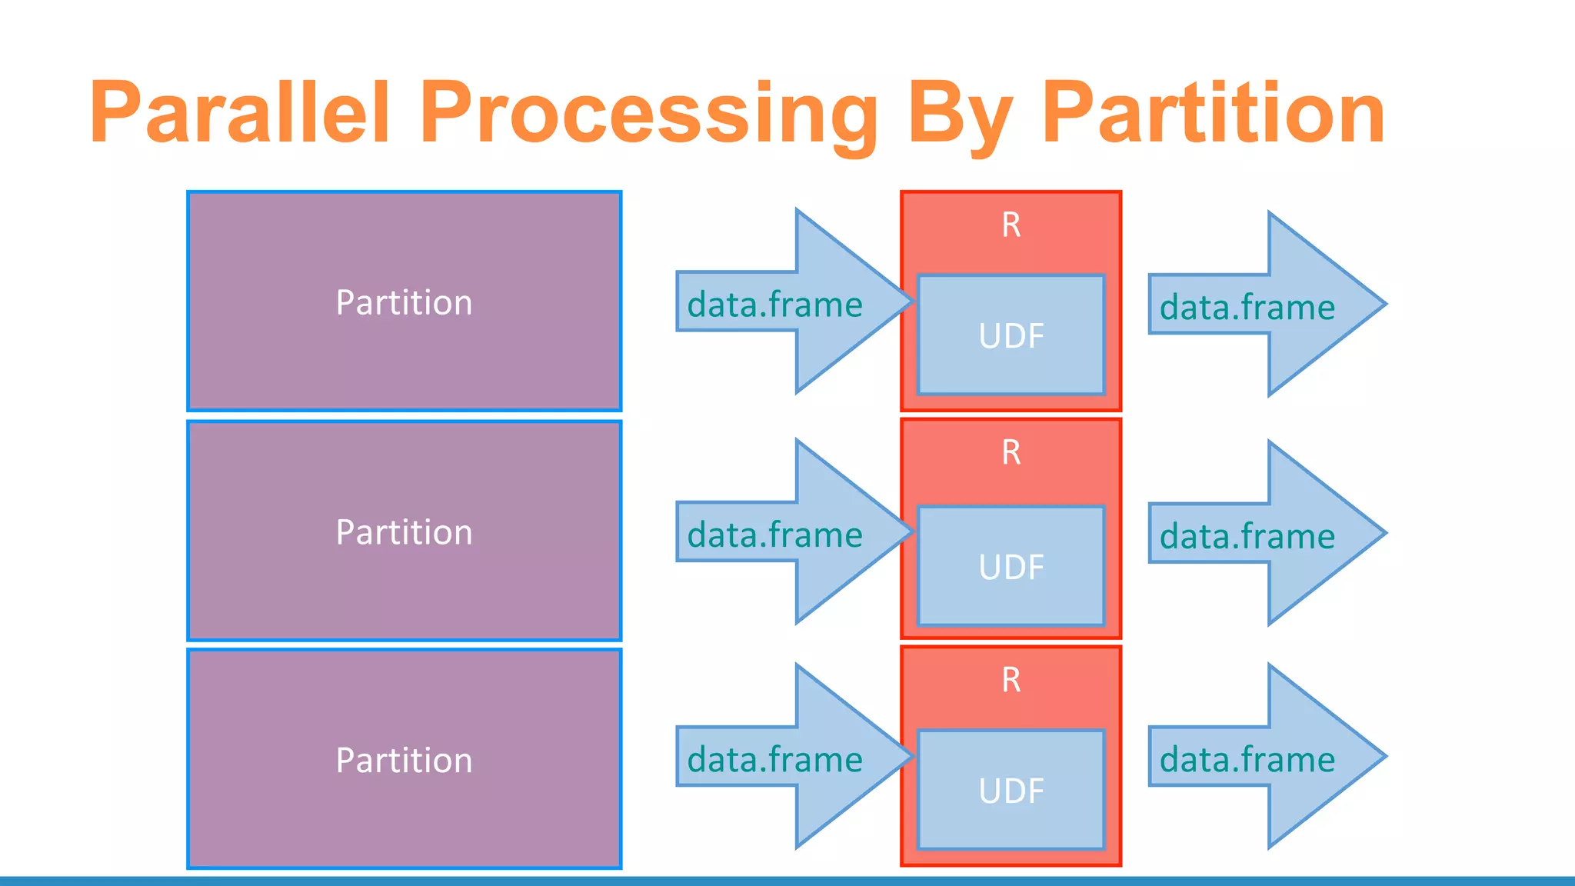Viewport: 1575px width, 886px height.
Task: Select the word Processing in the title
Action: [x=648, y=114]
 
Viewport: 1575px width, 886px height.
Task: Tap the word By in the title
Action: [x=960, y=114]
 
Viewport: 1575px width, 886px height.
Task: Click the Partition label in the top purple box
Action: [x=404, y=302]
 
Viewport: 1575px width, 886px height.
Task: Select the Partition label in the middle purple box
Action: [x=404, y=532]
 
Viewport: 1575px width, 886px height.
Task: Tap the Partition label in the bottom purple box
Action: [x=404, y=760]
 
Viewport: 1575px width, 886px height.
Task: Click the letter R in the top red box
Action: [x=1011, y=225]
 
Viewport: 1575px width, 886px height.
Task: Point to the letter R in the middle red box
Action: [x=1011, y=452]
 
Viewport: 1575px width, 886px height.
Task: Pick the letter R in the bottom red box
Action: [x=1011, y=680]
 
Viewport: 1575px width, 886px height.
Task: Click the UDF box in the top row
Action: [x=1011, y=335]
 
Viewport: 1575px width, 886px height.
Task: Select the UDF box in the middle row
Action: [x=1011, y=567]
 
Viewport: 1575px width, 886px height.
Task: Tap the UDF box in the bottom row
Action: [x=1011, y=791]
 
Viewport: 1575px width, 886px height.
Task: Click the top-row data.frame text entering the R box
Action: [x=774, y=305]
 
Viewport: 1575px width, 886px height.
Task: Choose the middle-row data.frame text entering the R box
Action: [x=774, y=535]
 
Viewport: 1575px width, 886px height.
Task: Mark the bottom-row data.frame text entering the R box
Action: [x=774, y=759]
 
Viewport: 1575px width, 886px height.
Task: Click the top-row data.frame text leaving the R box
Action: [x=1247, y=307]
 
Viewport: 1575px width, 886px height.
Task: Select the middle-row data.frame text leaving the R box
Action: [x=1247, y=536]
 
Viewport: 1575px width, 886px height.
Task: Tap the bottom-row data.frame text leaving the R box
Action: [x=1247, y=759]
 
